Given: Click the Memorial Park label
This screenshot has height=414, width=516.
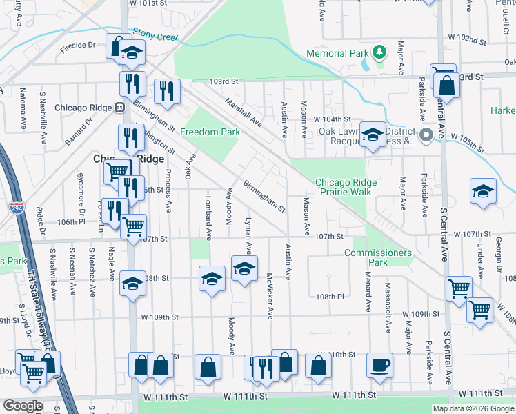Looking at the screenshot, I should pos(336,52).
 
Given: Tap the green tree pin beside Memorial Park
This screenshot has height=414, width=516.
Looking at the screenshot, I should pos(378,52).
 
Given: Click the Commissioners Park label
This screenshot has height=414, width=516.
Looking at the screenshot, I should pos(378,257).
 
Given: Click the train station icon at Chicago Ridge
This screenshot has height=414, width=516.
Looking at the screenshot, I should pos(119,108).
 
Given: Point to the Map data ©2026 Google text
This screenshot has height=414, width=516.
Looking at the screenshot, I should pos(473,408).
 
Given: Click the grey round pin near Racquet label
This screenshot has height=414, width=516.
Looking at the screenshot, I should pos(426,135).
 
